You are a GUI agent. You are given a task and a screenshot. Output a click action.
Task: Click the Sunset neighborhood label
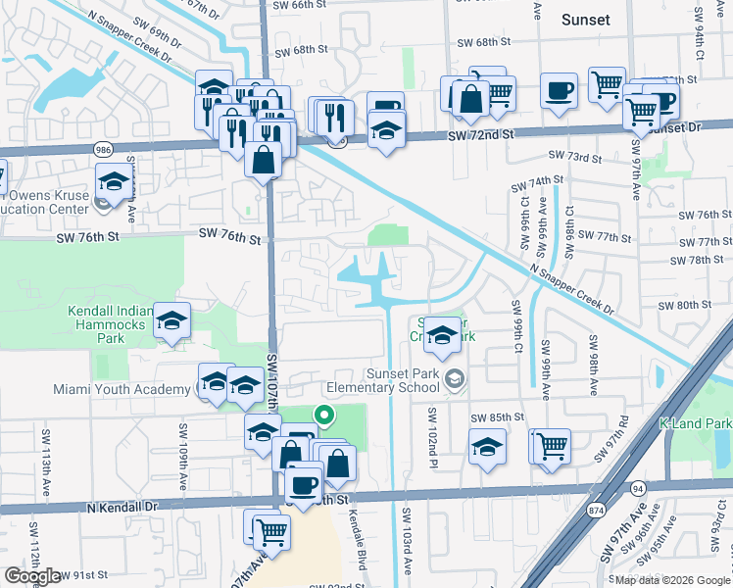click(x=586, y=20)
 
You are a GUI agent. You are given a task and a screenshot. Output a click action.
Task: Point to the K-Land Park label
click(x=695, y=423)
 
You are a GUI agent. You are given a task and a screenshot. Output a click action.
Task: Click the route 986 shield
click(x=103, y=149)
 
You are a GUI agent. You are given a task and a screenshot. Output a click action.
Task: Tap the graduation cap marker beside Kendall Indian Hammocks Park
click(x=171, y=322)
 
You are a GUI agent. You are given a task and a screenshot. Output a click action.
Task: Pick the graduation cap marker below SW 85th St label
click(x=487, y=447)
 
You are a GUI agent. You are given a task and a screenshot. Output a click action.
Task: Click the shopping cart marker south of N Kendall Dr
click(x=272, y=533)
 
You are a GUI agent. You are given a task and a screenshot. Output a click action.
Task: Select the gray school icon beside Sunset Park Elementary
click(x=454, y=378)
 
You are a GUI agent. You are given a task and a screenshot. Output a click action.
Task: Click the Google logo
click(x=32, y=576)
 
